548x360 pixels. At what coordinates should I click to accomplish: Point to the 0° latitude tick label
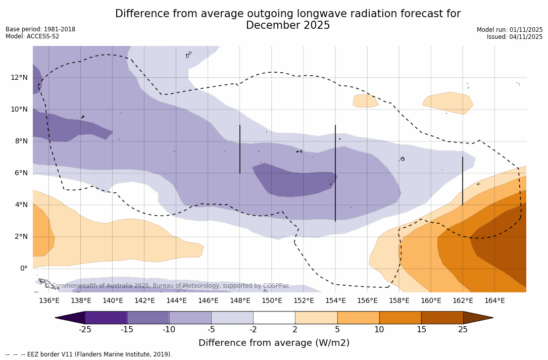click(x=23, y=269)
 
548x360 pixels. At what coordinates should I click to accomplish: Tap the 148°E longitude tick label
click(x=240, y=301)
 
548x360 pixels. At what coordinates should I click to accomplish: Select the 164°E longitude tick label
click(x=494, y=301)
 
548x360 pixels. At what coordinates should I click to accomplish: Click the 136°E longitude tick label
click(x=49, y=301)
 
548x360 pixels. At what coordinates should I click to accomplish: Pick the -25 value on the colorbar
click(x=85, y=330)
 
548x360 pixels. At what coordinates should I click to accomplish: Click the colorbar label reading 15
click(x=421, y=330)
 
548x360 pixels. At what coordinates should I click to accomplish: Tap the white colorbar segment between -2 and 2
click(x=274, y=318)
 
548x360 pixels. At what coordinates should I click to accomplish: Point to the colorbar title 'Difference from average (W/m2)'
click(x=274, y=343)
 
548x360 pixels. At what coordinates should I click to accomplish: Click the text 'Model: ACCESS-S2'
click(x=32, y=36)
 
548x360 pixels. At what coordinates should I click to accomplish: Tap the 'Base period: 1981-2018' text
click(x=40, y=29)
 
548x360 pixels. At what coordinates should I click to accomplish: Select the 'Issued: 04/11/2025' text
click(x=515, y=37)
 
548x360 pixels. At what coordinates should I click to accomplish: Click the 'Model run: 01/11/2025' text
click(x=510, y=30)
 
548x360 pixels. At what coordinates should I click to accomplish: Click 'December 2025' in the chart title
click(x=288, y=25)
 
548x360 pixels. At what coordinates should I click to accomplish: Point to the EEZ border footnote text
click(x=89, y=354)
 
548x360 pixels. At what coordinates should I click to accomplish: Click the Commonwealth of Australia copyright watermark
click(x=167, y=286)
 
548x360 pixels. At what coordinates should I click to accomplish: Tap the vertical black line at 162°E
click(x=463, y=181)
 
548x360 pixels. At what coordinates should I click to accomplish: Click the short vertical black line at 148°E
click(x=240, y=149)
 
